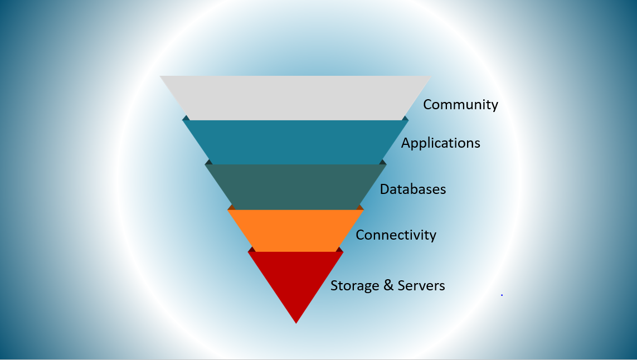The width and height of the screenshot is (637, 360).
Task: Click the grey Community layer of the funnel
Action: tap(295, 98)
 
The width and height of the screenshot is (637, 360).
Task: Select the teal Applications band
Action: tap(295, 142)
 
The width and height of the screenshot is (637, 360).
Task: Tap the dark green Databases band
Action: tap(295, 187)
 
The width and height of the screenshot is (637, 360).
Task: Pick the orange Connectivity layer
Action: tap(295, 230)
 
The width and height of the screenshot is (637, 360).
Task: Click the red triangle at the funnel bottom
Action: tap(296, 276)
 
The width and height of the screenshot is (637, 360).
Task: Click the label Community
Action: tap(460, 105)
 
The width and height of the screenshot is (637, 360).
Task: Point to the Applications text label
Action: tap(441, 143)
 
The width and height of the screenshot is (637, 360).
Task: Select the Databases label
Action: tap(413, 189)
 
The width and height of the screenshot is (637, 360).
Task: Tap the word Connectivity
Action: tap(396, 235)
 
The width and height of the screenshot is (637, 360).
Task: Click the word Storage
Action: tap(354, 286)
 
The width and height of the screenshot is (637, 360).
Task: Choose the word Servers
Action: tap(421, 286)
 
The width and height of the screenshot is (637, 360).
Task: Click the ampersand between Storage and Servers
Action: tap(388, 285)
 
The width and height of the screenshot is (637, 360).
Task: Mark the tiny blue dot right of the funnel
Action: tap(502, 295)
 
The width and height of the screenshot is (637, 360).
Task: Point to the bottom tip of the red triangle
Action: tap(296, 323)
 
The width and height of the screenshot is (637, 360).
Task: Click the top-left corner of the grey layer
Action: tap(159, 76)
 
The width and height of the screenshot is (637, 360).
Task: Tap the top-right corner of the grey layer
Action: tap(431, 76)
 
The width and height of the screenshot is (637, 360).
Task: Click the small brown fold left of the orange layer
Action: tap(231, 208)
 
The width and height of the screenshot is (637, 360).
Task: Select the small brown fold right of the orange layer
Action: tap(360, 208)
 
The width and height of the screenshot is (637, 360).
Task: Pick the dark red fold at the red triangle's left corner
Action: tap(252, 250)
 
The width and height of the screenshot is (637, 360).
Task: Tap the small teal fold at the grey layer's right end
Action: tap(405, 118)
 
